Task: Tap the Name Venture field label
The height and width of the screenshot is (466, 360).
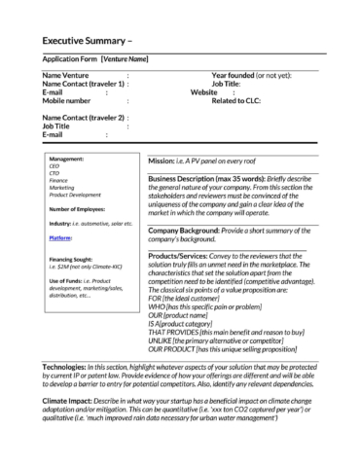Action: click(68, 75)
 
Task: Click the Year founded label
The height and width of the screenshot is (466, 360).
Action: click(234, 75)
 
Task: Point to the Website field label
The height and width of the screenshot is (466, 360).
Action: click(204, 91)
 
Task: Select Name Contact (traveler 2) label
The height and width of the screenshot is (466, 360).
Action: click(83, 118)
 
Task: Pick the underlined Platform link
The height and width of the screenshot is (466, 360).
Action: click(60, 236)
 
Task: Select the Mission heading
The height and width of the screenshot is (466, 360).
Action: click(165, 160)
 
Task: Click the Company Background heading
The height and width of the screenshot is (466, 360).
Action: click(194, 230)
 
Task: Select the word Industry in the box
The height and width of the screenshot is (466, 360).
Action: click(60, 223)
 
